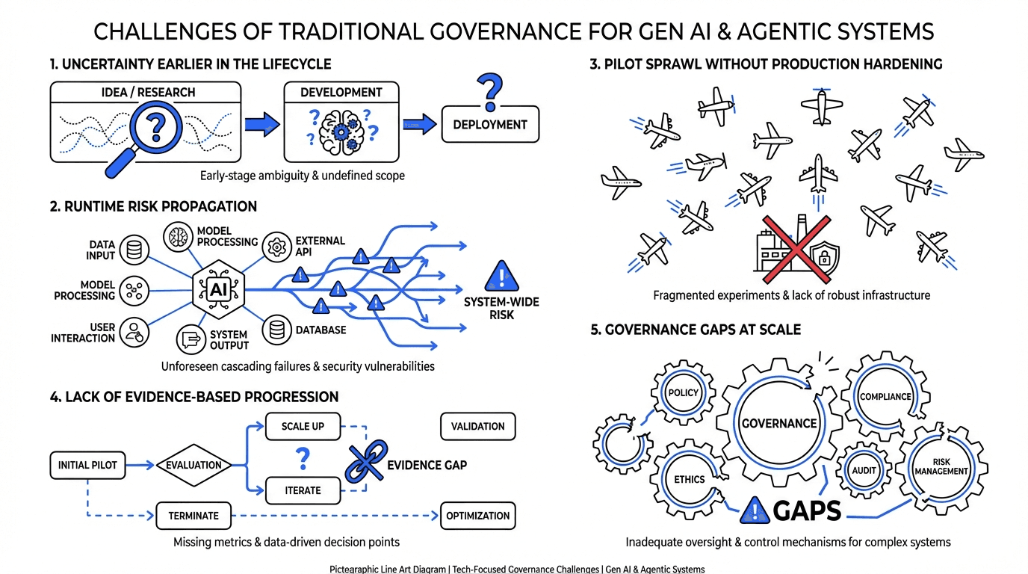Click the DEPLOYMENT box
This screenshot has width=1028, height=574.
(489, 125)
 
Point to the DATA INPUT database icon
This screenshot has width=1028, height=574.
(134, 250)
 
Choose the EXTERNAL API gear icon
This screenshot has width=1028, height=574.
(277, 245)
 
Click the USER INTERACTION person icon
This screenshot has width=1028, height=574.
(134, 331)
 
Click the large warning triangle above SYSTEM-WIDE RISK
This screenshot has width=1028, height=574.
(501, 277)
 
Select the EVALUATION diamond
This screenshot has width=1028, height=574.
(193, 465)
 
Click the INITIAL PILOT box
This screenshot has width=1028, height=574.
(87, 465)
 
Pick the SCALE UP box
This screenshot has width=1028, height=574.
(303, 426)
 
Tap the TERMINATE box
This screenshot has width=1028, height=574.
(193, 516)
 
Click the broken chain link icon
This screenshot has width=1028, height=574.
(366, 463)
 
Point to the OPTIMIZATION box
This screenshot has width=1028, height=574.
(478, 516)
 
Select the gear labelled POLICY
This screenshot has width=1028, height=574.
(683, 392)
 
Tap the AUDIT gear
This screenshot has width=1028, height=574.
(864, 470)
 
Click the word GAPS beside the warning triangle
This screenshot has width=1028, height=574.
(807, 511)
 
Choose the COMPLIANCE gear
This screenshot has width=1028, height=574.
(885, 396)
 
